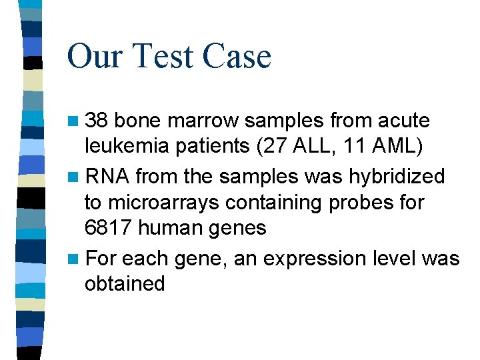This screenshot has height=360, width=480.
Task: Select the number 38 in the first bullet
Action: [x=99, y=121]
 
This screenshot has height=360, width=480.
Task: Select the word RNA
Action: [x=107, y=176]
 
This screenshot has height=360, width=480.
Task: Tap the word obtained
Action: [x=124, y=283]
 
